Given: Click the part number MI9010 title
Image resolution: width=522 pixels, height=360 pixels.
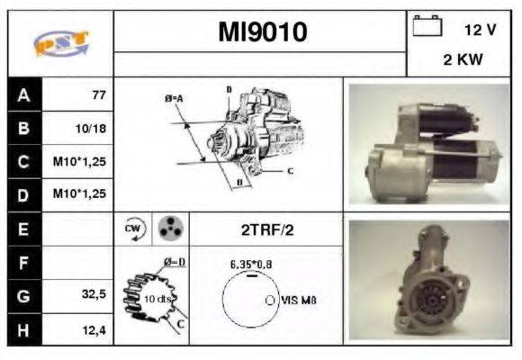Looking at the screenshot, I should click(262, 32).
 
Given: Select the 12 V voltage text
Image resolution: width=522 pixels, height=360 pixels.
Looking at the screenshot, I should click(480, 30).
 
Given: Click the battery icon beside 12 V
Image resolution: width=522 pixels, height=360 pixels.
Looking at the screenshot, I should click(426, 28).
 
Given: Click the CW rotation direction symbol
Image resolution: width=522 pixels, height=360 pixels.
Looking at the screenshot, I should click(131, 229).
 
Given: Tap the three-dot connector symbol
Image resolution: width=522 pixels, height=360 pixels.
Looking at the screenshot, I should click(168, 229).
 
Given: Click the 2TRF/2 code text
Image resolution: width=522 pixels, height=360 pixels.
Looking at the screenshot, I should click(265, 229).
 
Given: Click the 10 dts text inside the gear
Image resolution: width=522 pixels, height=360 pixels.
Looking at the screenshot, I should click(158, 298).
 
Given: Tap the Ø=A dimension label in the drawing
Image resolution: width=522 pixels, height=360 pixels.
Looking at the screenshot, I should click(174, 97).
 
